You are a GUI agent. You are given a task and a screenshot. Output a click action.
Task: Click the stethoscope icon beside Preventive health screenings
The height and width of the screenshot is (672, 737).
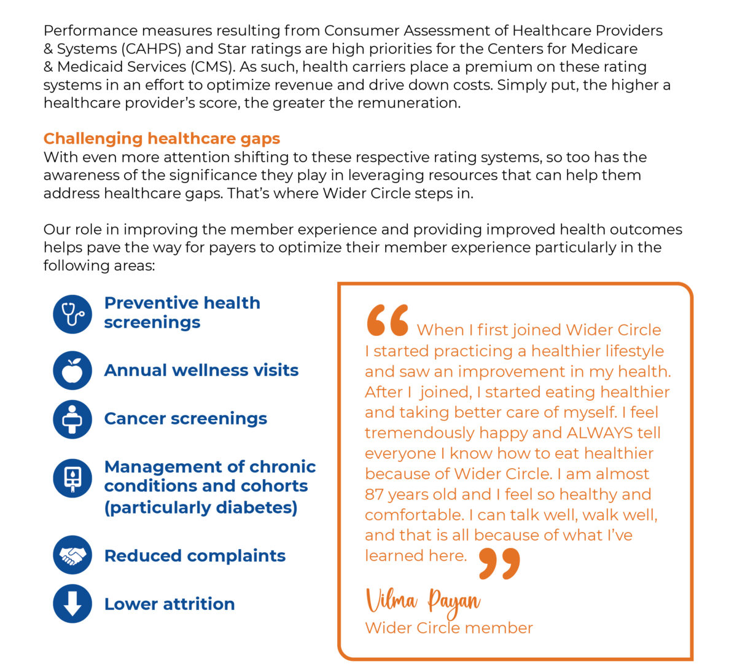coord(72,315)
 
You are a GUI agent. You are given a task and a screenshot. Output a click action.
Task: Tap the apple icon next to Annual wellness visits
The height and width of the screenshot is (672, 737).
coord(72,370)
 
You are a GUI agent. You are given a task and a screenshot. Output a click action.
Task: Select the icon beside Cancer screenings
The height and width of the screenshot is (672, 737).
coord(72,419)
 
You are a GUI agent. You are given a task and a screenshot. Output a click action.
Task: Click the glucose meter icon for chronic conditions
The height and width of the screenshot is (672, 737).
coord(72,478)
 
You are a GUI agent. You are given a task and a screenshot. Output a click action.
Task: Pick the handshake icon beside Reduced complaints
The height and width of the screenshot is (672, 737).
coord(72,555)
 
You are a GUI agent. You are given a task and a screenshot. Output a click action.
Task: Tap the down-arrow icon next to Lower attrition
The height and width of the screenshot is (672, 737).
coord(72,604)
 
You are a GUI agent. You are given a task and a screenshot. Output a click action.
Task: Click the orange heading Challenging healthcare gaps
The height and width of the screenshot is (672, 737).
coord(162,139)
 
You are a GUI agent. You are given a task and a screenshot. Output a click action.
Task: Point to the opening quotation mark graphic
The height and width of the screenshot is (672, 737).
coord(388,321)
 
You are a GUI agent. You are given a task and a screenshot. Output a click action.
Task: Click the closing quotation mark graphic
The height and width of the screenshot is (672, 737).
coord(499,564)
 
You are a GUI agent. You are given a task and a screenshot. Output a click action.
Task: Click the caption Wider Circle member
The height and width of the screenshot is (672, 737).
coord(448,628)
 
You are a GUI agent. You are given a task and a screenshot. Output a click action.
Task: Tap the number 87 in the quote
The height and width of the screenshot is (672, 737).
coord(374,494)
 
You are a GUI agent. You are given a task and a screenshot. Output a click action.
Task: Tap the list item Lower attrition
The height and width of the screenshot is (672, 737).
coord(170,604)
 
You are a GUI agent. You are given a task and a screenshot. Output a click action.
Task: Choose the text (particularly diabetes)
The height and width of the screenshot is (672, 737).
coord(201,508)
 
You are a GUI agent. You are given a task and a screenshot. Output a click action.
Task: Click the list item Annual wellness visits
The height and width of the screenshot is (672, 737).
coord(201,370)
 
